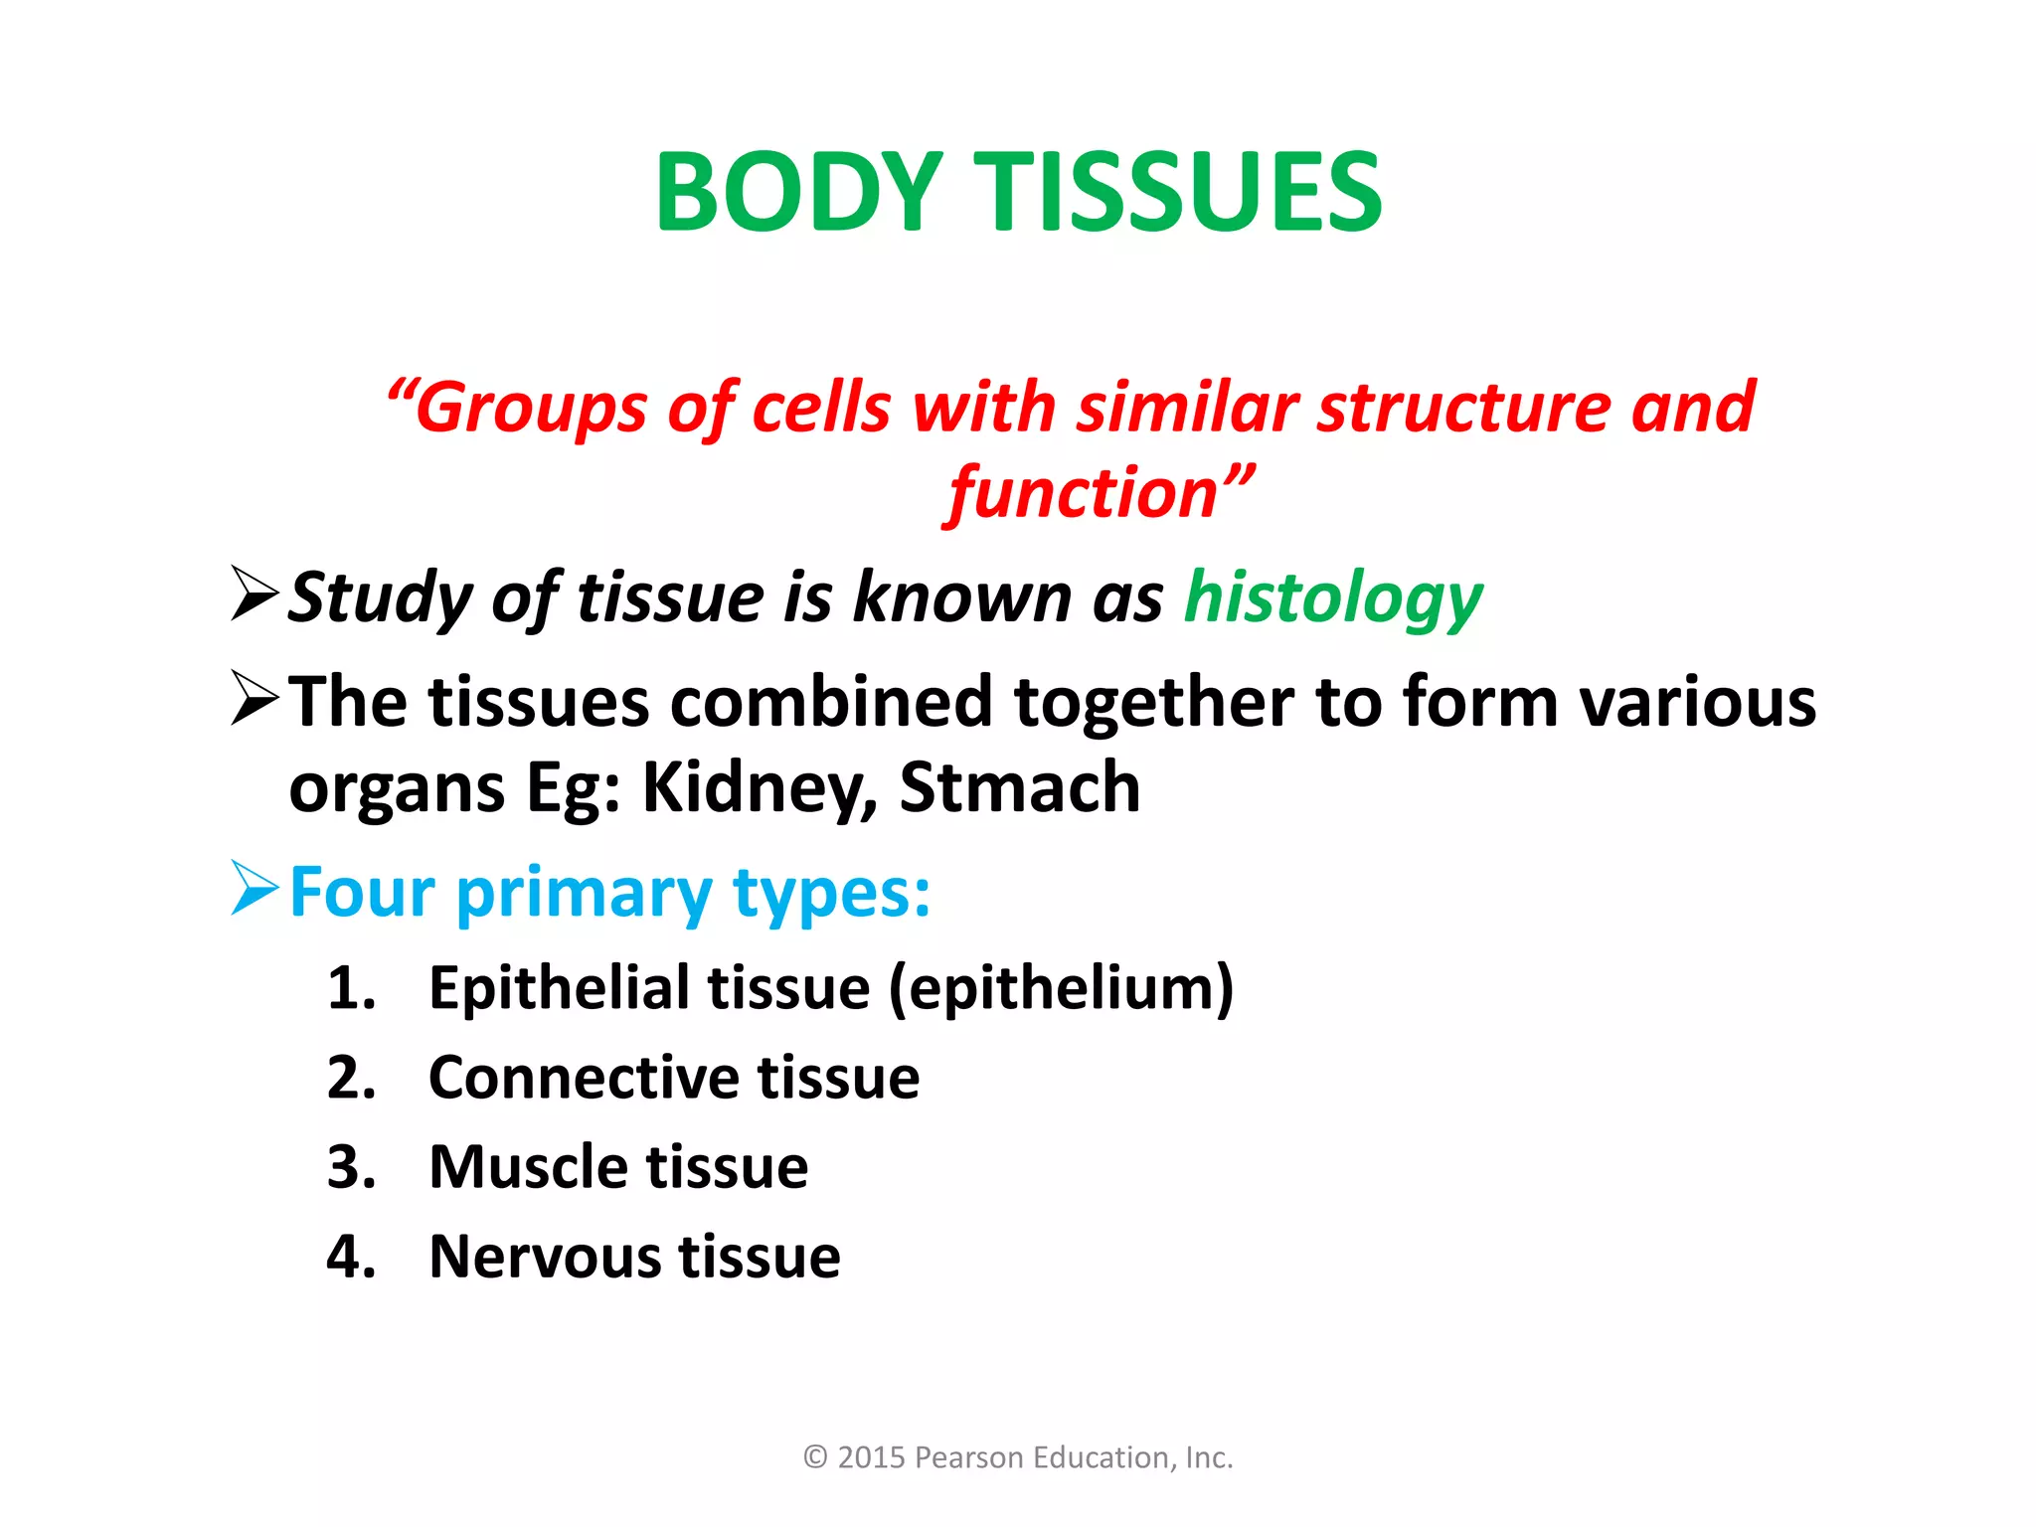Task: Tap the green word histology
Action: point(1332,599)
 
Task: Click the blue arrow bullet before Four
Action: point(254,887)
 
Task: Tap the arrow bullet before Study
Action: point(254,594)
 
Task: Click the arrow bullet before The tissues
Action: point(254,698)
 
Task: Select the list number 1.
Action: point(350,989)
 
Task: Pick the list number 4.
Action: point(350,1257)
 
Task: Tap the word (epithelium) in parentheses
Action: point(1061,990)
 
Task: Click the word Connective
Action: point(584,1078)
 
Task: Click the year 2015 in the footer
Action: point(872,1457)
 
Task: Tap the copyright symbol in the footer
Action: point(815,1457)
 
